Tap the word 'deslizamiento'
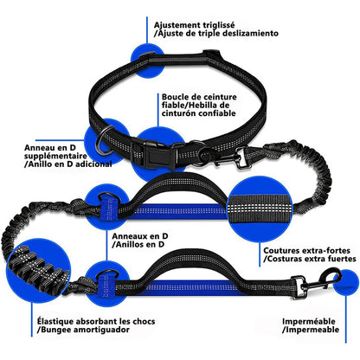(248, 34)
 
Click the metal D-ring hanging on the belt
(104, 140)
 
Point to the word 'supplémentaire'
(55, 156)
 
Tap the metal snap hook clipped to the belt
(232, 157)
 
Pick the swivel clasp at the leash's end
(316, 283)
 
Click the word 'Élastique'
(55, 321)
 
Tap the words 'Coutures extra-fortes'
(307, 250)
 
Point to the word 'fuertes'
(341, 259)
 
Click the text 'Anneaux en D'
(140, 236)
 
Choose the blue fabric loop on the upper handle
(109, 206)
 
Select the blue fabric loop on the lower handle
(106, 285)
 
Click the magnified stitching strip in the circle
(260, 208)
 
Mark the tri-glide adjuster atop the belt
(148, 58)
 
